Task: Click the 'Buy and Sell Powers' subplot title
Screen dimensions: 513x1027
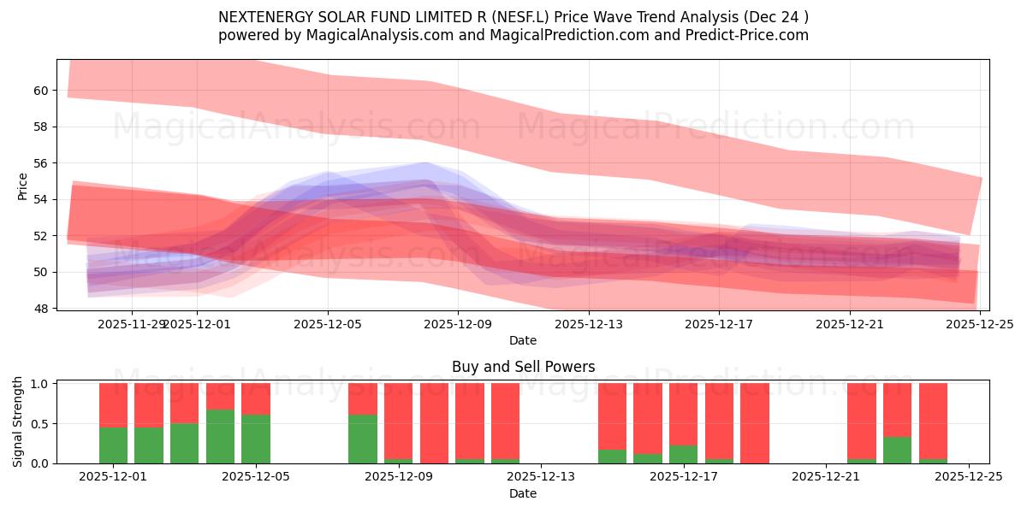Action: click(x=523, y=367)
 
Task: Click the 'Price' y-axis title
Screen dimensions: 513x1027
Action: click(x=22, y=186)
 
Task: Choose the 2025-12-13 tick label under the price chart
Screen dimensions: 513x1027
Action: click(x=588, y=324)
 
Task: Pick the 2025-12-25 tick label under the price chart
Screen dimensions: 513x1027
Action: click(x=979, y=324)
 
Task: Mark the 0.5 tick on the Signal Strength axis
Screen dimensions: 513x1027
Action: click(x=39, y=424)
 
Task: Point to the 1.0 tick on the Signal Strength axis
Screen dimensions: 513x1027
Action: click(x=39, y=384)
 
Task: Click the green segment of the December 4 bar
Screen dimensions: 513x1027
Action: click(x=220, y=437)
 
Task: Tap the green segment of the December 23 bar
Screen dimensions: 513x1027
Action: click(x=897, y=451)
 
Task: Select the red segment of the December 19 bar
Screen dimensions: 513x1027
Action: click(x=755, y=422)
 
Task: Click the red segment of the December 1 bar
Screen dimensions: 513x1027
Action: click(x=114, y=404)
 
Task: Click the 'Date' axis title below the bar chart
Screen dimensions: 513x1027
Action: click(x=523, y=494)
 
